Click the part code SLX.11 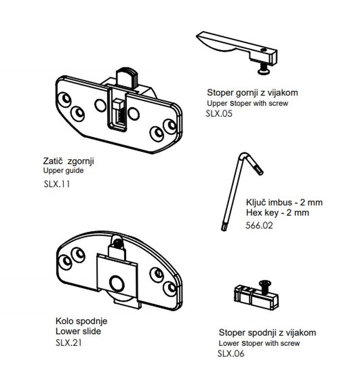(x=56, y=185)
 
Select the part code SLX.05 (x=219, y=114)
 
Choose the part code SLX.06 (x=231, y=353)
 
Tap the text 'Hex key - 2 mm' (x=278, y=213)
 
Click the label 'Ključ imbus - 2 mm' (x=284, y=202)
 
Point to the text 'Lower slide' (x=78, y=332)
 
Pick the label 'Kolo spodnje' (x=81, y=322)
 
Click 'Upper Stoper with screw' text (x=247, y=103)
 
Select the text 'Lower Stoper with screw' (x=259, y=343)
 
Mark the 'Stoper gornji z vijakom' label (x=252, y=93)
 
